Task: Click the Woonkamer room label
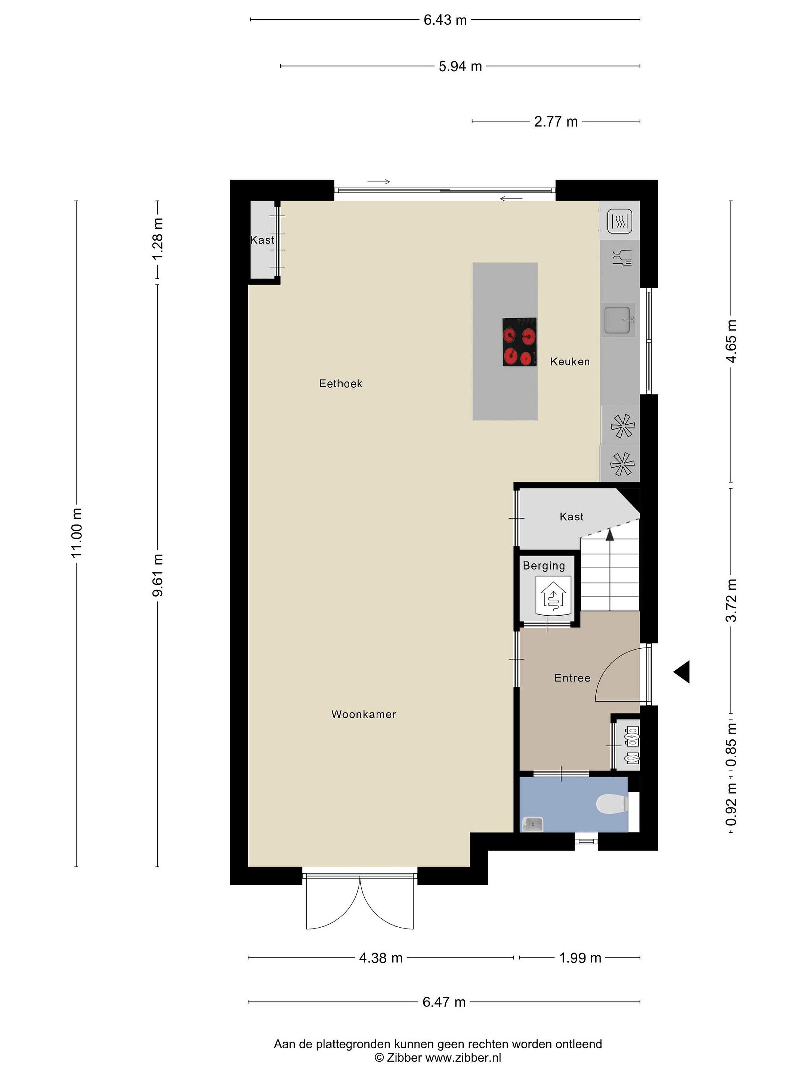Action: (x=364, y=714)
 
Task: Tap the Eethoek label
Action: (x=340, y=383)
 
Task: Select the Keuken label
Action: (x=570, y=361)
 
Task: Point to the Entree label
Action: (x=572, y=678)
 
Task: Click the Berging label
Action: (x=544, y=566)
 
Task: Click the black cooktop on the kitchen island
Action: (x=520, y=342)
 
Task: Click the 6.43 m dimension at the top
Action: (x=445, y=20)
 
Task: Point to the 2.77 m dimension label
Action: (x=556, y=121)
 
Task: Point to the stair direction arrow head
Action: (x=609, y=534)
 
